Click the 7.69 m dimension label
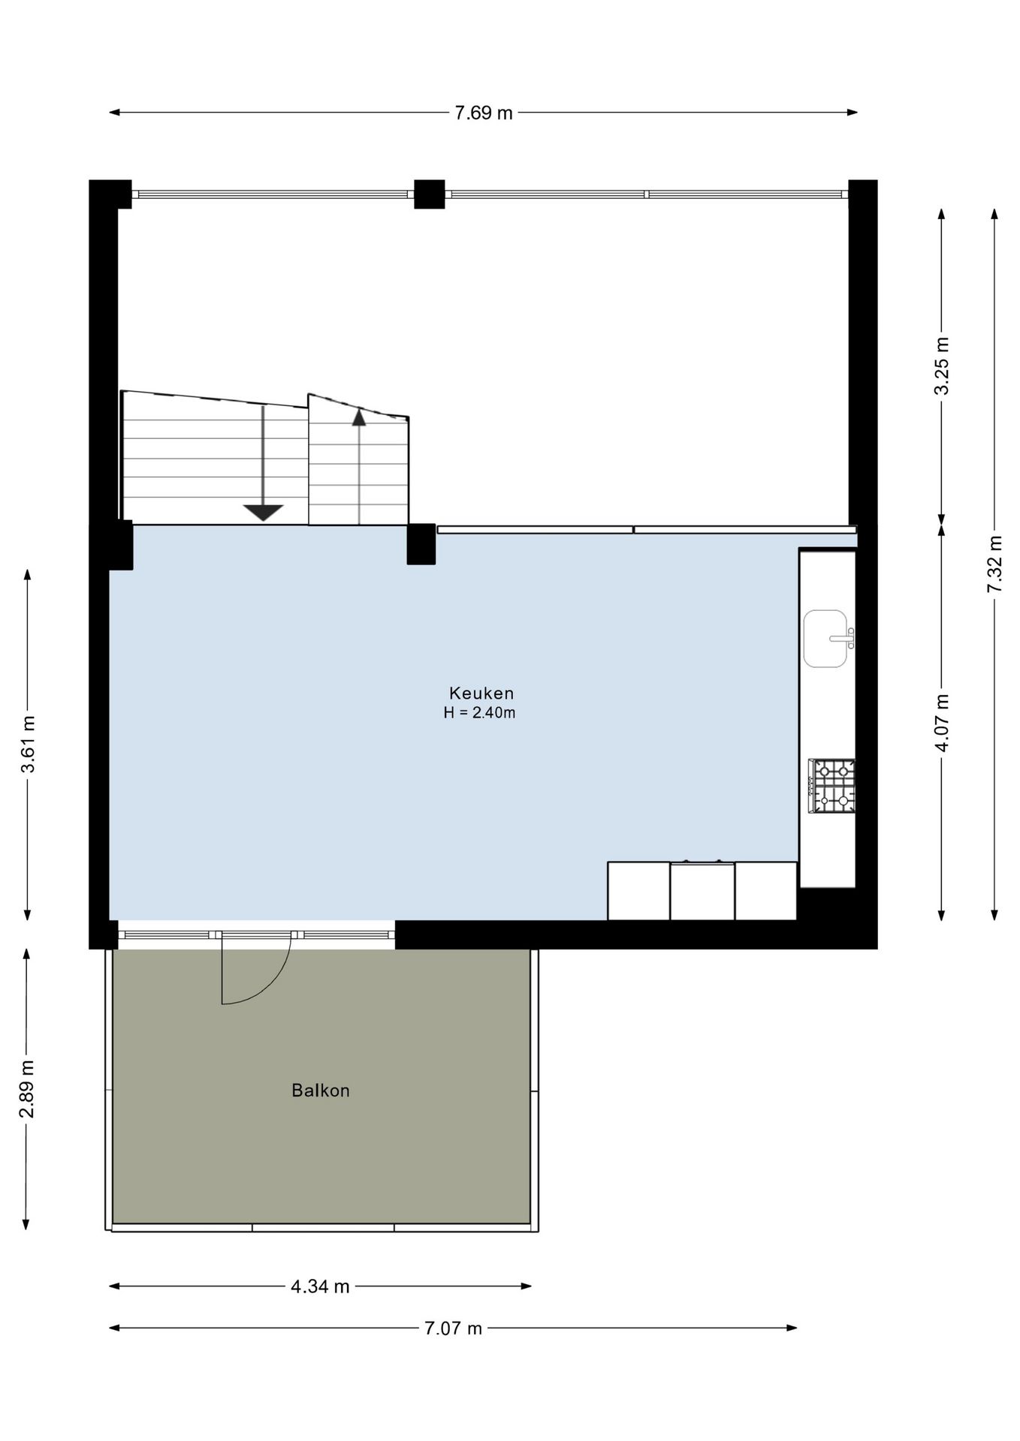coord(484,113)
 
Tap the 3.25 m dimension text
coord(941,366)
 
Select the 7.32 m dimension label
coord(994,564)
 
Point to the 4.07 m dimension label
coord(941,721)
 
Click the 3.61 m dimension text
coord(27,745)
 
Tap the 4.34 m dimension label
coord(321,1286)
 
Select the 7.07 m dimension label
coord(453,1328)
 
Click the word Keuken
coord(481,693)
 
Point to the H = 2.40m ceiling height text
coord(479,713)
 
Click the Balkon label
coord(321,1091)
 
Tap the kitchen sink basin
coord(825,639)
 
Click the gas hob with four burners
coord(831,786)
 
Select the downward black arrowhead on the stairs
coord(263,513)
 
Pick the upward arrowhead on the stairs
coord(359,417)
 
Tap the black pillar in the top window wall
coord(429,194)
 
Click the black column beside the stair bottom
coord(421,544)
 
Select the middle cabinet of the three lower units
coord(702,891)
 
